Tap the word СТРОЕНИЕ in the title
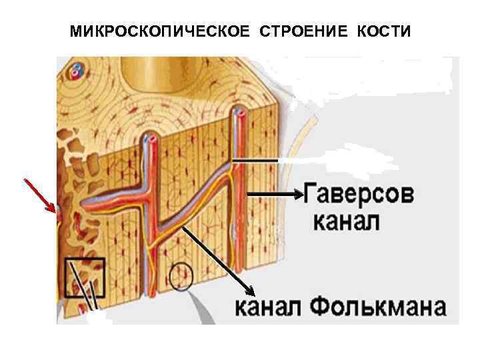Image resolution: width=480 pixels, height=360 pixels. click(x=295, y=32)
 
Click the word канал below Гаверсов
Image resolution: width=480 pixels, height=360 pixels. click(x=346, y=221)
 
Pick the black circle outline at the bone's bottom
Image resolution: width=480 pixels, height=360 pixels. click(x=180, y=276)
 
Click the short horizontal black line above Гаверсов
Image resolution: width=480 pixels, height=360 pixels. click(x=255, y=161)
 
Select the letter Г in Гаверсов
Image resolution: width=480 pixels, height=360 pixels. click(x=313, y=196)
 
